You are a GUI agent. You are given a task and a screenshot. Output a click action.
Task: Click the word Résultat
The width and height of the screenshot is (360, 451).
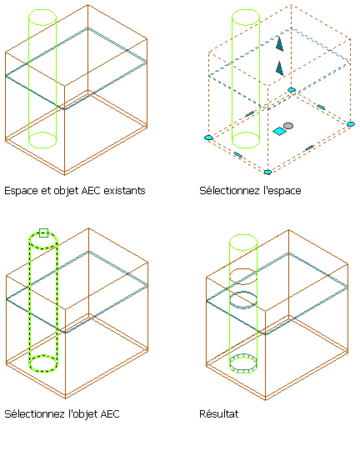(219, 413)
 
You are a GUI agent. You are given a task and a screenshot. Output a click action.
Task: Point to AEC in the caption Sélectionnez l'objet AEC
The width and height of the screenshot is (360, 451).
(109, 413)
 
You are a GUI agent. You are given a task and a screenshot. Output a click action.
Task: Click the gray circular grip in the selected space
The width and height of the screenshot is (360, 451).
(288, 126)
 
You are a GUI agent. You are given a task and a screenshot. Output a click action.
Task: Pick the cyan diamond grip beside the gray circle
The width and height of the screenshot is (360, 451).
(279, 132)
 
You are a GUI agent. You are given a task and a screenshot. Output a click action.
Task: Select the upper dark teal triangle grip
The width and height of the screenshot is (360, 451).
(280, 44)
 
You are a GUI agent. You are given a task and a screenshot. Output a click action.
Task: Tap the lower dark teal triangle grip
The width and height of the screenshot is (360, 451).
(280, 68)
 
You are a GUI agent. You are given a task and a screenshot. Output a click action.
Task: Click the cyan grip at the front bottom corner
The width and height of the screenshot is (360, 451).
(267, 172)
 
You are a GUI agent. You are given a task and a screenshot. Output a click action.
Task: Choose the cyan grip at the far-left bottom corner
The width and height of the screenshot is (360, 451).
(208, 138)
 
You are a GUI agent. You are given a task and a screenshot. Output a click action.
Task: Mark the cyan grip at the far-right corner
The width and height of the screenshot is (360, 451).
(351, 124)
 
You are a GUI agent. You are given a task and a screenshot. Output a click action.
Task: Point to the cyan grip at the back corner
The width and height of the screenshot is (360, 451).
(292, 90)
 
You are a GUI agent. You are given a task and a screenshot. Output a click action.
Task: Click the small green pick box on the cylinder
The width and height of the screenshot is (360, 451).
(43, 233)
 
